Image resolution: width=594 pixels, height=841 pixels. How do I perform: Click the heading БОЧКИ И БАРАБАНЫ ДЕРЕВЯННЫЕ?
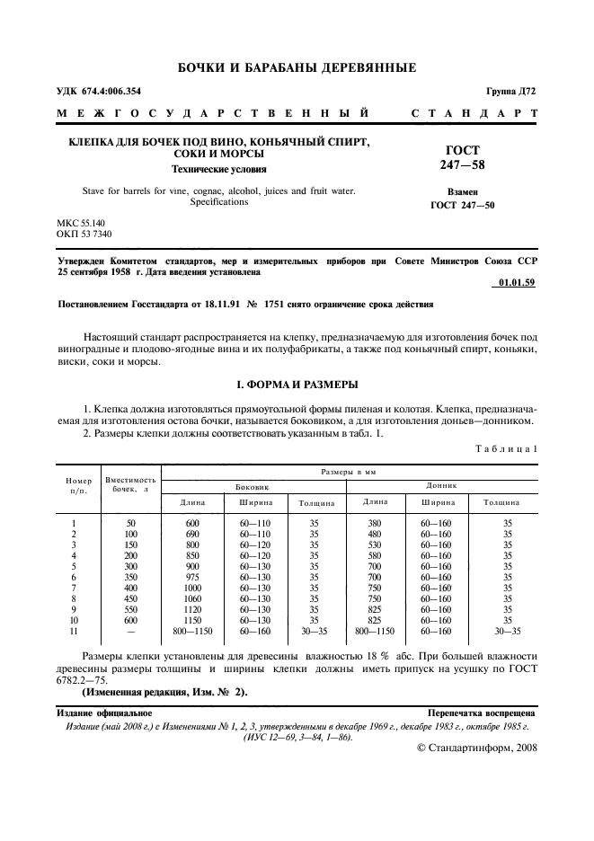click(297, 67)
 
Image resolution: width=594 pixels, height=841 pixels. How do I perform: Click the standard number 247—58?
click(462, 165)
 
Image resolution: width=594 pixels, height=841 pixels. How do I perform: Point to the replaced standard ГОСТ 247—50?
click(462, 205)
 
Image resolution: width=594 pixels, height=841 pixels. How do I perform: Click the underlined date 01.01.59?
click(516, 283)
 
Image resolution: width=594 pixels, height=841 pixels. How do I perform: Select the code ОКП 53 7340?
click(84, 234)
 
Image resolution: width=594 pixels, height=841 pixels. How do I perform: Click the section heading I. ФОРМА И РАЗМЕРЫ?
click(297, 385)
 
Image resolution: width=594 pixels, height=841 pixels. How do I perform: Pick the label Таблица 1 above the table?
click(506, 447)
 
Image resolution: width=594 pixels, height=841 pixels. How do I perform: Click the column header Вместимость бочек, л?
click(130, 485)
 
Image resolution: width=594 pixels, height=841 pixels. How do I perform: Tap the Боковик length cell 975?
click(192, 578)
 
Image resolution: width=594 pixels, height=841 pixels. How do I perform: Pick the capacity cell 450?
click(130, 599)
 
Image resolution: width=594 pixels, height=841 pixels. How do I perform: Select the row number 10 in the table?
click(73, 621)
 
